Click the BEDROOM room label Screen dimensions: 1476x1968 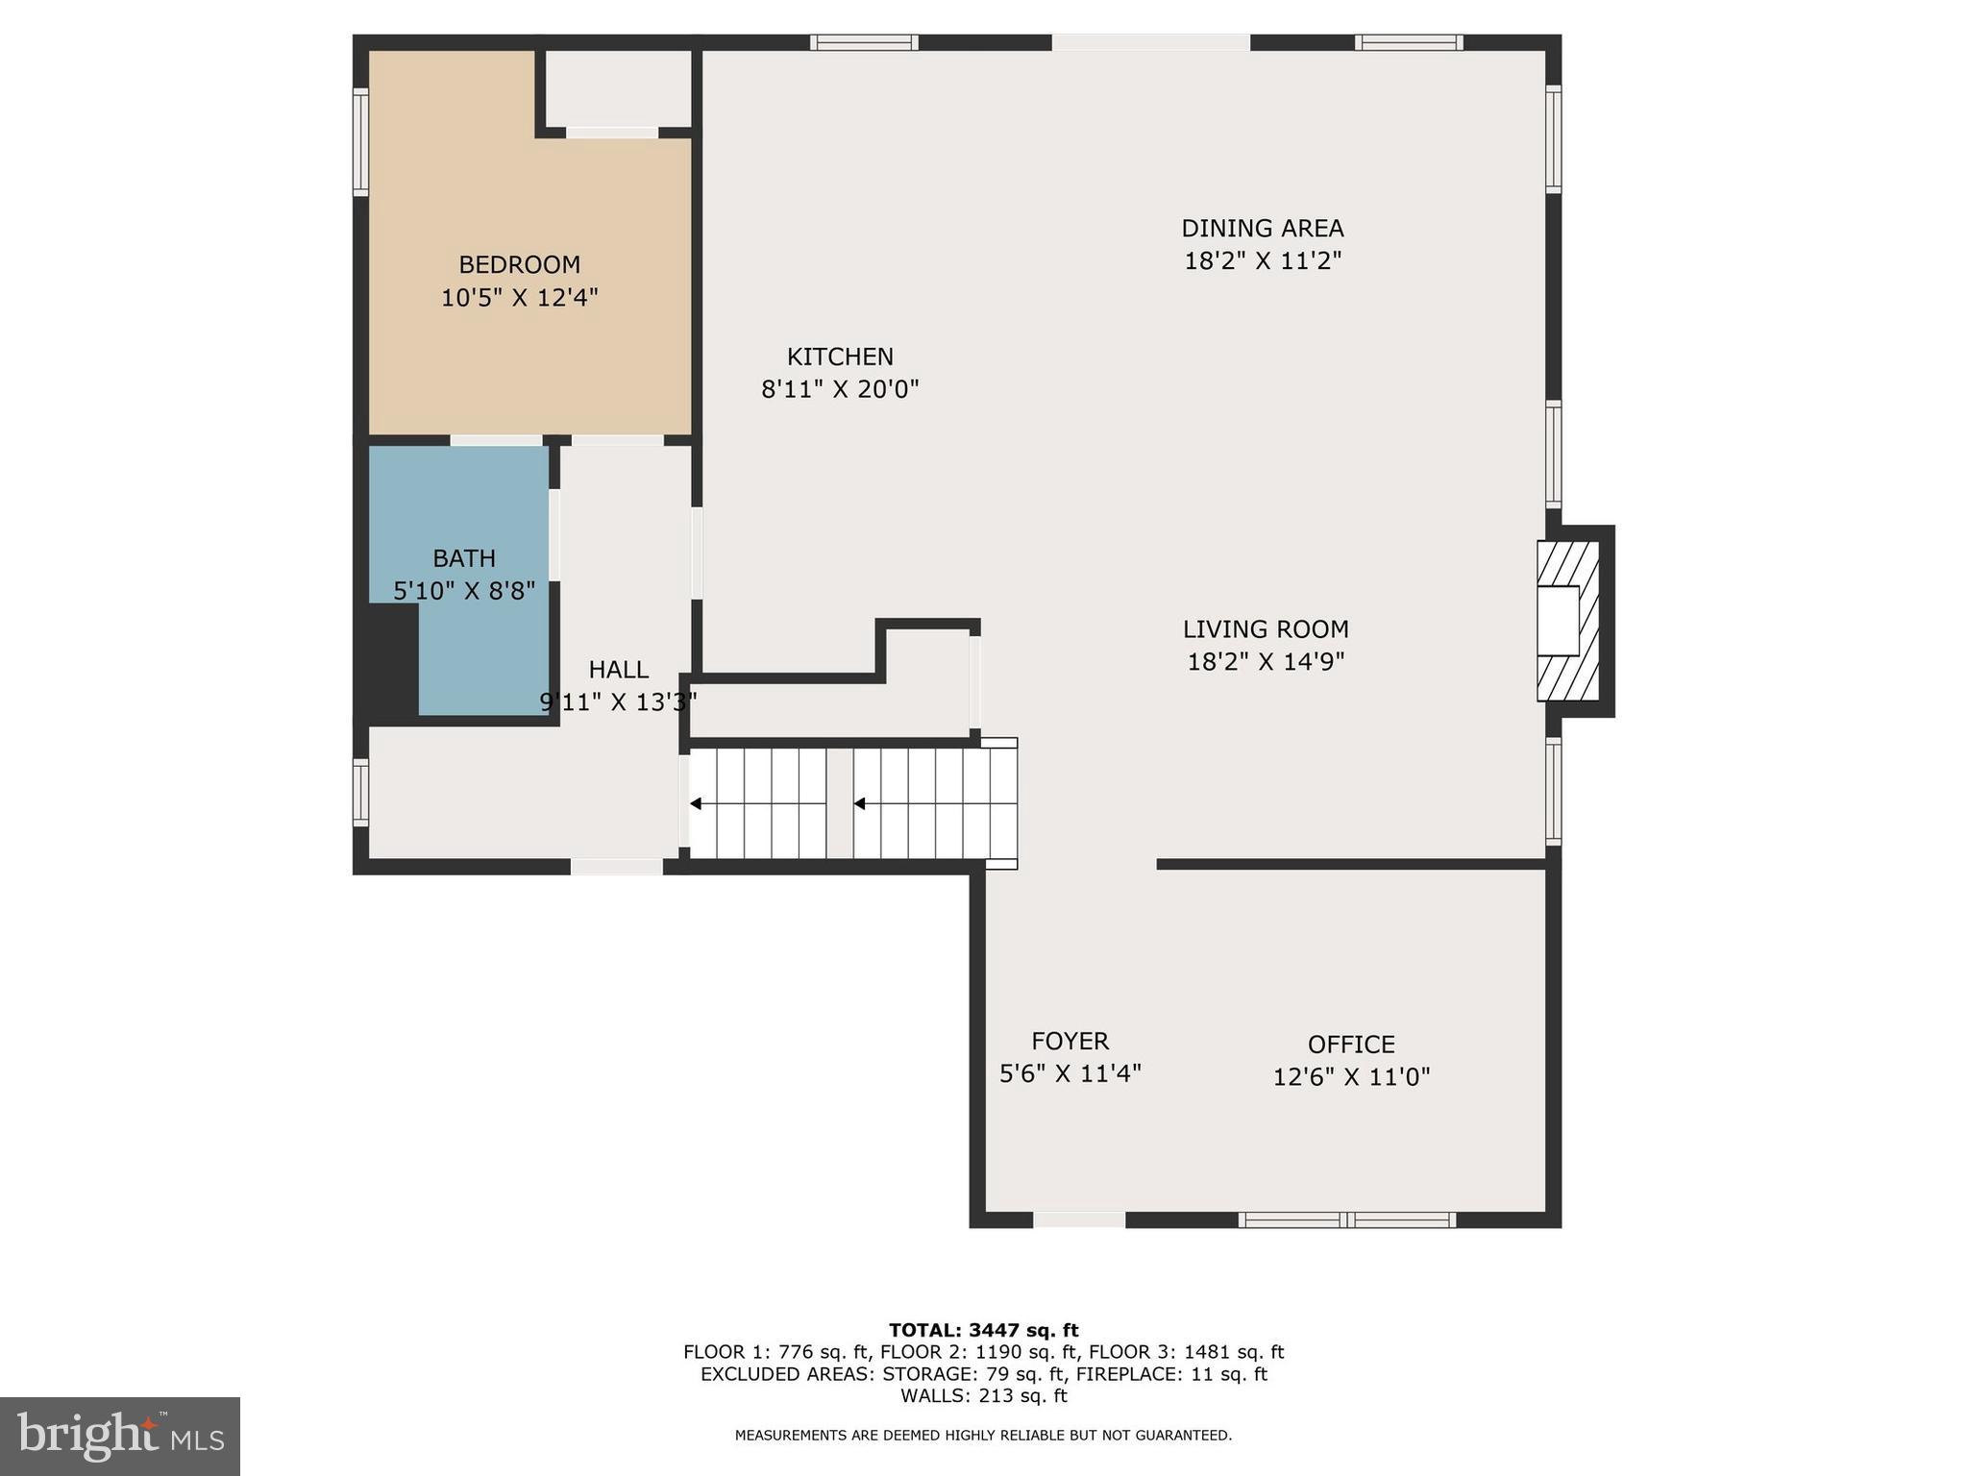click(x=519, y=264)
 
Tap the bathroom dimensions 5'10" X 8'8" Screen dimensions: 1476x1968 click(x=464, y=590)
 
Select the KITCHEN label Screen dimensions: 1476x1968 click(x=840, y=357)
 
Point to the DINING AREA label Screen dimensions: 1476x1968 click(x=1262, y=229)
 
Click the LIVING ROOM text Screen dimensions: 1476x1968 click(x=1265, y=629)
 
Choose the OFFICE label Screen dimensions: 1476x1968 click(x=1350, y=1045)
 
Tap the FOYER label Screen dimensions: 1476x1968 click(x=1070, y=1041)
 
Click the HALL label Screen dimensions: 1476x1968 click(x=618, y=670)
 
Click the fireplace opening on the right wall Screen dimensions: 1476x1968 click(x=1558, y=621)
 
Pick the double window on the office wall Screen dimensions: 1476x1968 click(x=1346, y=1220)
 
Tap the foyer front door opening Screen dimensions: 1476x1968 click(x=1078, y=1220)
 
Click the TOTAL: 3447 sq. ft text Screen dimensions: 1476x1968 click(x=983, y=1330)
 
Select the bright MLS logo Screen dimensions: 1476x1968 click(x=120, y=1436)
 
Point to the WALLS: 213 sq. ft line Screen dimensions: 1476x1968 click(x=983, y=1395)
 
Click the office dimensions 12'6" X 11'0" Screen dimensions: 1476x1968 click(x=1350, y=1077)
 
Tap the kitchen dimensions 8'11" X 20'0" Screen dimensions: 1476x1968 click(x=840, y=389)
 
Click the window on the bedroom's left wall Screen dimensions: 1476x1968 click(x=360, y=142)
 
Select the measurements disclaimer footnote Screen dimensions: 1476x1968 click(x=983, y=1436)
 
